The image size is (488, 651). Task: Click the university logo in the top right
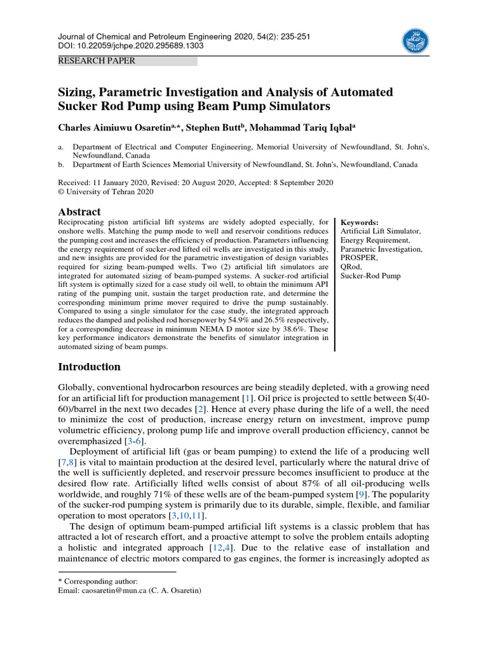[x=416, y=41]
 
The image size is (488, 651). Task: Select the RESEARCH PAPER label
[x=96, y=61]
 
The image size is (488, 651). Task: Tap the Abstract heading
[x=79, y=212]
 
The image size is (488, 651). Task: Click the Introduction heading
[x=89, y=367]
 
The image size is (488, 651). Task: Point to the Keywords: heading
[x=360, y=223]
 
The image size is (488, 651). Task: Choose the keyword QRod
[x=351, y=267]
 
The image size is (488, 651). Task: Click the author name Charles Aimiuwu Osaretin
[x=115, y=128]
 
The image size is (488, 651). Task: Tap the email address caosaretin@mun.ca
[x=108, y=591]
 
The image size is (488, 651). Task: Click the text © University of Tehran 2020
[x=105, y=191]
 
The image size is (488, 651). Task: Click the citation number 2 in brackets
[x=200, y=408]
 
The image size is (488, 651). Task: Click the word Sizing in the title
[x=77, y=92]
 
